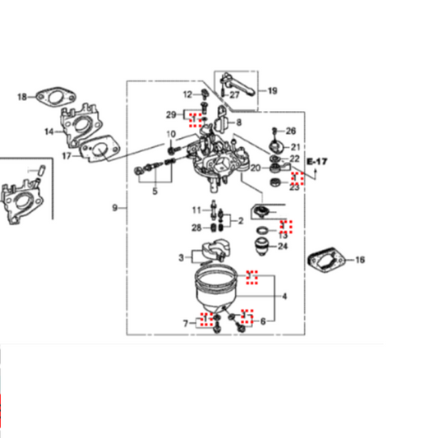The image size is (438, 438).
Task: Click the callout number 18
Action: pyautogui.click(x=21, y=97)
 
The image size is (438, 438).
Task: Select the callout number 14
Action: pyautogui.click(x=49, y=131)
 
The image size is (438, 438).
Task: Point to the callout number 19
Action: pyautogui.click(x=272, y=90)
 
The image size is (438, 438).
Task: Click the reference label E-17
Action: pyautogui.click(x=316, y=163)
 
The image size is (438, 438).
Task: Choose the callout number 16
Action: pyautogui.click(x=359, y=260)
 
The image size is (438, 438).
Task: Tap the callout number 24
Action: pyautogui.click(x=284, y=246)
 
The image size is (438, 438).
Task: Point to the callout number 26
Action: pyautogui.click(x=290, y=131)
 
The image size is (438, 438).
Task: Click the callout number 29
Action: pyautogui.click(x=171, y=114)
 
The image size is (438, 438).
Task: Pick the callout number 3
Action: pyautogui.click(x=181, y=259)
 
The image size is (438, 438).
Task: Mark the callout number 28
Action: pyautogui.click(x=196, y=228)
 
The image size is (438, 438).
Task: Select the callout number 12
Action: pyautogui.click(x=187, y=95)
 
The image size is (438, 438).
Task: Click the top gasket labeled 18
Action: pyautogui.click(x=55, y=97)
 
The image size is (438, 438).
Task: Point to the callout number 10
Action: pyautogui.click(x=172, y=135)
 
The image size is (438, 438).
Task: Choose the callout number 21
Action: pyautogui.click(x=295, y=147)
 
